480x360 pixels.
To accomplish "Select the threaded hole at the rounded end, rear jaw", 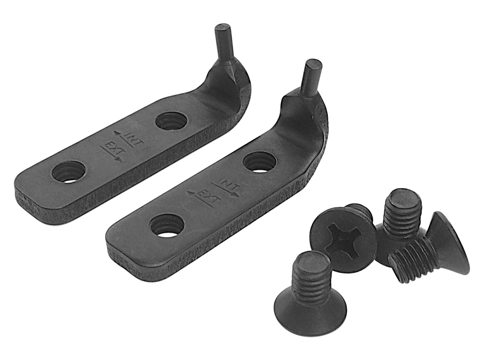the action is [69, 172].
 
